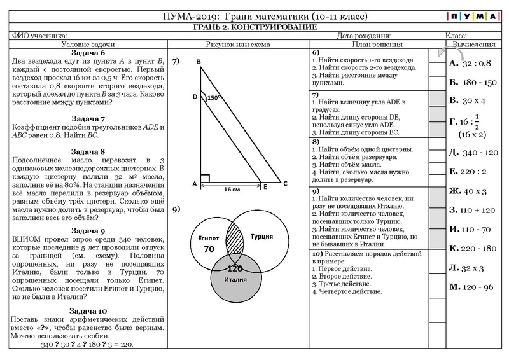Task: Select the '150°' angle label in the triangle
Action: tap(213, 98)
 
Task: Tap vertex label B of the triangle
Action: tap(199, 61)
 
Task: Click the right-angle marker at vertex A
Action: tap(204, 179)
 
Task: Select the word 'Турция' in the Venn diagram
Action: tap(262, 235)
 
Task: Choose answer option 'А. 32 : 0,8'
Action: tap(471, 64)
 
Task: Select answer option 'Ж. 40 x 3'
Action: tap(468, 191)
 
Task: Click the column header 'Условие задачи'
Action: tap(88, 45)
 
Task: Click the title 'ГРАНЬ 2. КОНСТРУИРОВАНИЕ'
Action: tap(254, 27)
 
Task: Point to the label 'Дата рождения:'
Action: tap(365, 36)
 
